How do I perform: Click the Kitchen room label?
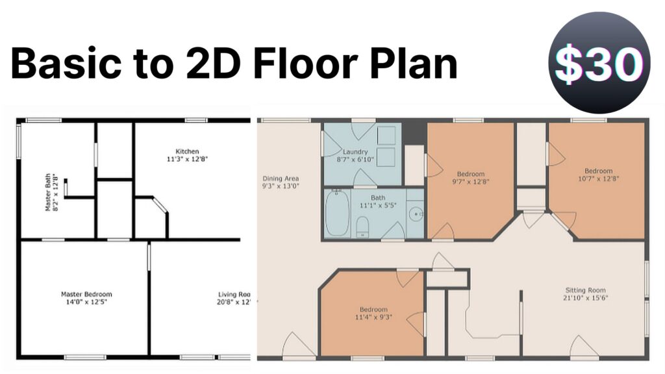coord(187,151)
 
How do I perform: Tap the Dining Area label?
coord(281,179)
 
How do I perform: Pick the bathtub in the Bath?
coord(337,213)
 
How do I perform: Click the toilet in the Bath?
coord(363,225)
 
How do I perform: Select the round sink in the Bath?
coord(414,214)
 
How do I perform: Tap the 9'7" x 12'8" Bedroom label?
coord(471,174)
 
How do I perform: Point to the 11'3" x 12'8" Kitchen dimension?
coord(187,158)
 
